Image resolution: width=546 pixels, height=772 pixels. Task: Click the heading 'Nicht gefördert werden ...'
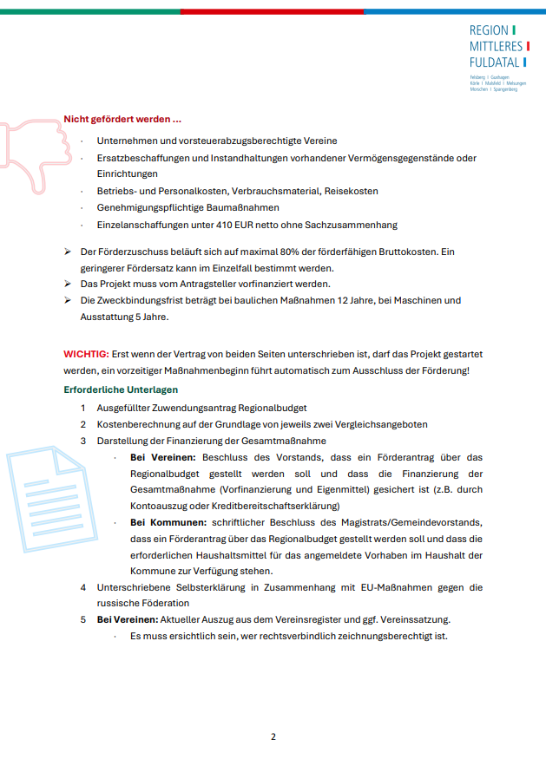coord(122,119)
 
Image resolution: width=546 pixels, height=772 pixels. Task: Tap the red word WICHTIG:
coord(86,355)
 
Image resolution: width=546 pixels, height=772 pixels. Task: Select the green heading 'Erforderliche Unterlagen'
coord(121,389)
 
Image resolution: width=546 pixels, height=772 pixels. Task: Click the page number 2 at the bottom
coord(273,737)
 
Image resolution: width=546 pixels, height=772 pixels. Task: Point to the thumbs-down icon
coord(35,143)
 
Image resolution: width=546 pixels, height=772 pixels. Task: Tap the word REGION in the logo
coord(490,29)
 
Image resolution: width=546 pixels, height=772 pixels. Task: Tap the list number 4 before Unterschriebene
coord(83,587)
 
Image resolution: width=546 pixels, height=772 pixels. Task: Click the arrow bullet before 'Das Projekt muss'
coord(68,284)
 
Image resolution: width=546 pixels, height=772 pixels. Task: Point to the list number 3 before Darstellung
coord(83,441)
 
